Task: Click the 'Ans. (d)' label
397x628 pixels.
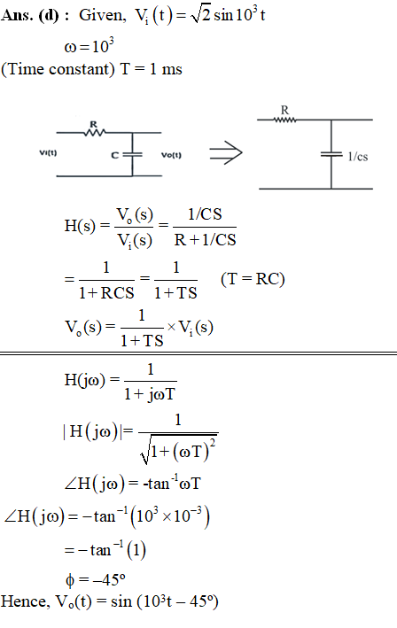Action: pyautogui.click(x=30, y=16)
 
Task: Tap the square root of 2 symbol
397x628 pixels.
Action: pyautogui.click(x=201, y=16)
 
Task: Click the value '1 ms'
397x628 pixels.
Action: pyautogui.click(x=166, y=69)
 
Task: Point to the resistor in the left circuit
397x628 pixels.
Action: pyautogui.click(x=95, y=132)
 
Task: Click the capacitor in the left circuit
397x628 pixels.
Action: pyautogui.click(x=132, y=154)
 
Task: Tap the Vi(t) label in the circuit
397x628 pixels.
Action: pyautogui.click(x=48, y=152)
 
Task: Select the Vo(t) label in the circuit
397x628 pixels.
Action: pyautogui.click(x=171, y=155)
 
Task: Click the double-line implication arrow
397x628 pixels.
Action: pyautogui.click(x=226, y=152)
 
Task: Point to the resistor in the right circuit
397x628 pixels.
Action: pyautogui.click(x=284, y=120)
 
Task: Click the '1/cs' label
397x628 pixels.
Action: pyautogui.click(x=358, y=156)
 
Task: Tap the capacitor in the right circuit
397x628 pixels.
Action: pyautogui.click(x=331, y=154)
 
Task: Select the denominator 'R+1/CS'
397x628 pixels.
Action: pyautogui.click(x=205, y=240)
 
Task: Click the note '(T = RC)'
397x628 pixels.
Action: pyautogui.click(x=253, y=279)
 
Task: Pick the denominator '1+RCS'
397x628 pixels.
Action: pyautogui.click(x=106, y=293)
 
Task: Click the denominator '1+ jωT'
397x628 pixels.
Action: pyautogui.click(x=150, y=394)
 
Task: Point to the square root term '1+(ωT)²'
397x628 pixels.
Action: pyautogui.click(x=179, y=449)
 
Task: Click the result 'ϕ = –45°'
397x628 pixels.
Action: pyautogui.click(x=96, y=579)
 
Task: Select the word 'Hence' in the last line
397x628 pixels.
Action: pyautogui.click(x=24, y=601)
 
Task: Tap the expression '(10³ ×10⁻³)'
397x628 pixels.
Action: pyautogui.click(x=170, y=516)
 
